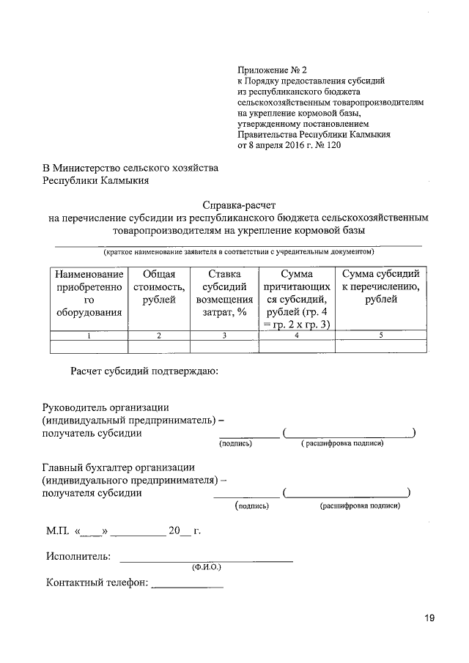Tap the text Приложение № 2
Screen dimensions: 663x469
click(270, 70)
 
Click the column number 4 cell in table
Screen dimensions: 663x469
click(297, 336)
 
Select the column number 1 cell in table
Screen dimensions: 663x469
click(89, 336)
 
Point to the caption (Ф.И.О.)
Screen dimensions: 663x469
click(206, 568)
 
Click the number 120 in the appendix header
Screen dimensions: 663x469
click(332, 145)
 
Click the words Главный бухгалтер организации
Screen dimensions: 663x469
click(118, 467)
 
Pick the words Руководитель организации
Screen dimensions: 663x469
click(106, 407)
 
